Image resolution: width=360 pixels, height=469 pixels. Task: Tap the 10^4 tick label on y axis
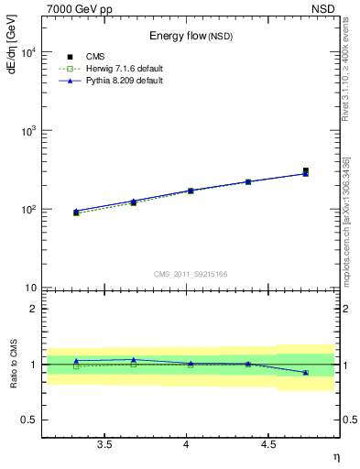(x=27, y=52)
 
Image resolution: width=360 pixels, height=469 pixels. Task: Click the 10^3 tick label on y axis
(x=27, y=131)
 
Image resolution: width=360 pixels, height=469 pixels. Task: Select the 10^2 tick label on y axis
(x=27, y=210)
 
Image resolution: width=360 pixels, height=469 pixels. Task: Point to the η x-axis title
(x=335, y=456)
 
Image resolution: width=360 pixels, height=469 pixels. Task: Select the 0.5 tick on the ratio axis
(x=28, y=420)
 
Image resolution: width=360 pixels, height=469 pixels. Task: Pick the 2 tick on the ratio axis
(x=33, y=309)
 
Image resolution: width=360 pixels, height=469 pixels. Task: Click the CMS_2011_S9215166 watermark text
(x=191, y=273)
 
